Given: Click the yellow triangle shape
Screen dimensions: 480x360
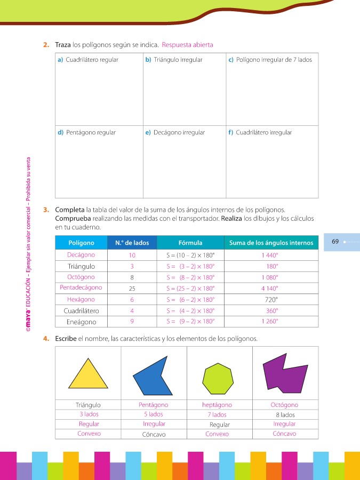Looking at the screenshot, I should point(88,374).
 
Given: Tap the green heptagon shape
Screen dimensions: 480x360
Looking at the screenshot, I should point(219,377).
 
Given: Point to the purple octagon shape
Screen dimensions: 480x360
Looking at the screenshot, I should point(285,372).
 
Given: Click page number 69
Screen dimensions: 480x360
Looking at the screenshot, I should point(335,242).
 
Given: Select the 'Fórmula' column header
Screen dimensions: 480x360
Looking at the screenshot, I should point(190,243).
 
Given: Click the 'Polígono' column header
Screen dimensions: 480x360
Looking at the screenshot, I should point(82,243).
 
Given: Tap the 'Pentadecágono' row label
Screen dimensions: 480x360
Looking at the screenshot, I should point(81,287).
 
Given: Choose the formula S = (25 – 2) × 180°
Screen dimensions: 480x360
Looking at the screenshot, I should point(190,288).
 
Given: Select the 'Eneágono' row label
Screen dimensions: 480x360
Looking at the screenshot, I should point(81,322).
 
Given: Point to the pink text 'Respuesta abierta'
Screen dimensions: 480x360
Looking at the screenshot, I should point(187,45).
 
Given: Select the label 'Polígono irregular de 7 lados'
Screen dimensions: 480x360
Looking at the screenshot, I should point(274,60).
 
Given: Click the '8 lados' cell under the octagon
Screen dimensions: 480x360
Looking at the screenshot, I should point(285,414).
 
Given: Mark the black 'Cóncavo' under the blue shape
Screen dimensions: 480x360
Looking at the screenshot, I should point(154,434).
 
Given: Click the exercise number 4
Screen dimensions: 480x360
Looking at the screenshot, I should point(47,339).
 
